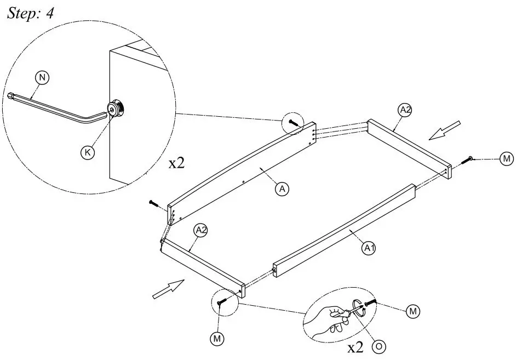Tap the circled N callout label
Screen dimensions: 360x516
pyautogui.click(x=42, y=78)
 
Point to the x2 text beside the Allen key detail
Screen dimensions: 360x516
pyautogui.click(x=176, y=163)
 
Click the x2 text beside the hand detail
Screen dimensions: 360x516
pyautogui.click(x=356, y=347)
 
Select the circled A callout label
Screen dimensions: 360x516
pyautogui.click(x=282, y=189)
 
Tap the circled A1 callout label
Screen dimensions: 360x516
pyautogui.click(x=369, y=248)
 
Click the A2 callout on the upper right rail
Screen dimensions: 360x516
pyautogui.click(x=405, y=111)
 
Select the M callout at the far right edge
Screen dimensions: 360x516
pyautogui.click(x=507, y=159)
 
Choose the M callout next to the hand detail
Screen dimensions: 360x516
pyautogui.click(x=414, y=311)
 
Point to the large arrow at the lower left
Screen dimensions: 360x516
pyautogui.click(x=168, y=288)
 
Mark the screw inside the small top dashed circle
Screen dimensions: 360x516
pyautogui.click(x=294, y=122)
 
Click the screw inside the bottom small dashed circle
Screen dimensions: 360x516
pyautogui.click(x=222, y=301)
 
